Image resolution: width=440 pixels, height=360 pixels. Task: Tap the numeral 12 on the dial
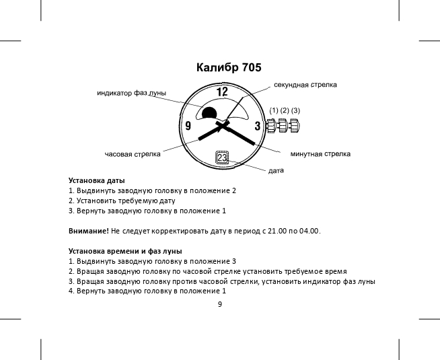(x=221, y=92)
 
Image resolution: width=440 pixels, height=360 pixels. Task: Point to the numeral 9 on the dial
(x=188, y=126)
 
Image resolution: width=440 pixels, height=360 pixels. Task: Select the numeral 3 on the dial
(x=257, y=126)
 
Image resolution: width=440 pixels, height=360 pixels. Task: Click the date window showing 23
(x=223, y=157)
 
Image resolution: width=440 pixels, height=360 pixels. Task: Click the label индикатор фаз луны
(x=131, y=93)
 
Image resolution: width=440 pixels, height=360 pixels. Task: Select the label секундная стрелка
(x=305, y=85)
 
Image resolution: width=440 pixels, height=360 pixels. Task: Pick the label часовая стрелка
(x=133, y=154)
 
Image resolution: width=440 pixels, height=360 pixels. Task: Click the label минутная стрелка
(x=320, y=154)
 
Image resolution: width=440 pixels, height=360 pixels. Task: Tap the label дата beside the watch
(x=276, y=172)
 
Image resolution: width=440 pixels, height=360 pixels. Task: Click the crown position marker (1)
(x=274, y=110)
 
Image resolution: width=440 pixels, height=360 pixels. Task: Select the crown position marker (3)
(x=295, y=110)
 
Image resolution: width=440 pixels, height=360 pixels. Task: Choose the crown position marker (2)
(x=285, y=110)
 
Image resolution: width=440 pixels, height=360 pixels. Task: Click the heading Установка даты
(x=97, y=180)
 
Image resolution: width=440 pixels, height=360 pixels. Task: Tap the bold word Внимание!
(x=89, y=231)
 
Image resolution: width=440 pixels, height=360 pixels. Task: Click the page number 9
(x=219, y=304)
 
